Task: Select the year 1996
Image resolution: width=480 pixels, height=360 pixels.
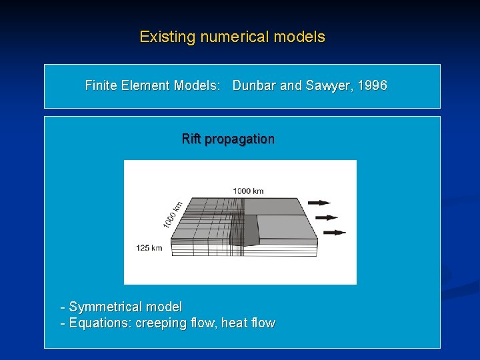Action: (372, 85)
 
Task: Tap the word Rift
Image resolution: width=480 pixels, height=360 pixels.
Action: (191, 139)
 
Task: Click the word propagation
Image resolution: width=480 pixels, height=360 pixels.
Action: (239, 139)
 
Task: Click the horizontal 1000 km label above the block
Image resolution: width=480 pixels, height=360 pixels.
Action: (248, 191)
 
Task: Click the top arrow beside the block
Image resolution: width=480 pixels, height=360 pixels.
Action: (320, 202)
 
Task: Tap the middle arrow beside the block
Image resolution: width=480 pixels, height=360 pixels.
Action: (327, 217)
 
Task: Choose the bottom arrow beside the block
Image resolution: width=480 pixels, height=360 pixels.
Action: (335, 232)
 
